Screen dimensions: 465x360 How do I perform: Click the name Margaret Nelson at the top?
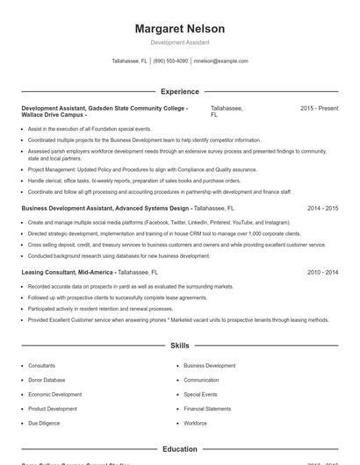coord(179,28)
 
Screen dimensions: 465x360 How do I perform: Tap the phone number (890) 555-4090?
coord(171,61)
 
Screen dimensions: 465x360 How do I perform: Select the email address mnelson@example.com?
coord(220,61)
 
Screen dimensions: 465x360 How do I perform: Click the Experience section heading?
coord(179,91)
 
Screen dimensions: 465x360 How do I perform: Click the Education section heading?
coord(179,449)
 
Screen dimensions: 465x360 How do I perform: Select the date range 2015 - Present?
coord(319,108)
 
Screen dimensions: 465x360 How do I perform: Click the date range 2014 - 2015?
coord(322,209)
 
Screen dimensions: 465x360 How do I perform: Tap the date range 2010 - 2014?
coord(322,273)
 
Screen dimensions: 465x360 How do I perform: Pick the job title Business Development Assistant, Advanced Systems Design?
coord(105,209)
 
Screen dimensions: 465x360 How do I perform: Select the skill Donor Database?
coord(47,380)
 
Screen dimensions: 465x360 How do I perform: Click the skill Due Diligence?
coord(44,423)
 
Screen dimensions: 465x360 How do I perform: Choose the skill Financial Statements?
coord(207,409)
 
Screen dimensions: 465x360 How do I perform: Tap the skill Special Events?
coord(200,395)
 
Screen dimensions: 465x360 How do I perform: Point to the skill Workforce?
coord(195,423)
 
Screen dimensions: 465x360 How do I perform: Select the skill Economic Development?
coord(54,395)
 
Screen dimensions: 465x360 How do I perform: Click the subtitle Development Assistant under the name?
coord(179,42)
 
